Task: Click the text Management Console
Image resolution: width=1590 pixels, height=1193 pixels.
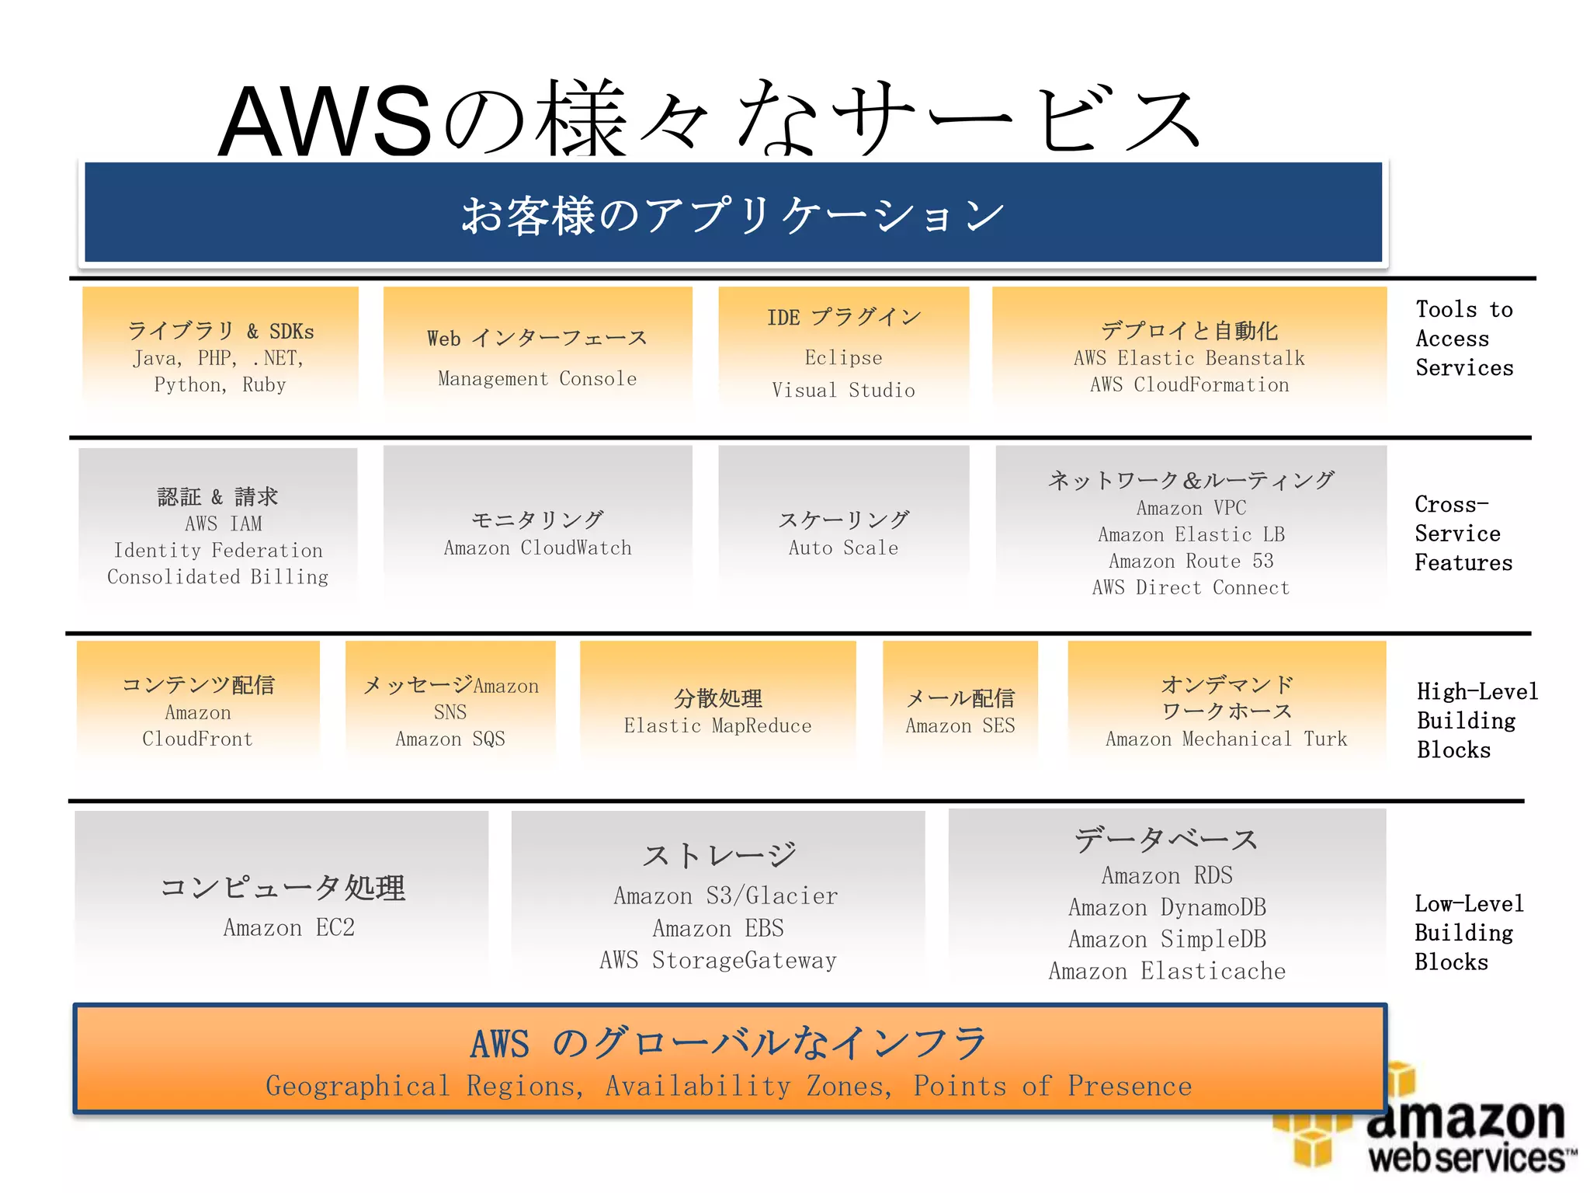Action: pos(537,379)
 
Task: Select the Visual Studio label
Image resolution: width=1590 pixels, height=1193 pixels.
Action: pos(843,390)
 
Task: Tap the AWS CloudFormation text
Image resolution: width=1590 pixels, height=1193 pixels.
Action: pos(1189,385)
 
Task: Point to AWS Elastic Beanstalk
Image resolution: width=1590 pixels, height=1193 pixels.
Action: pos(1189,358)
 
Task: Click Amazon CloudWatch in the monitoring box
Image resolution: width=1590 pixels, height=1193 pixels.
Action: pos(537,548)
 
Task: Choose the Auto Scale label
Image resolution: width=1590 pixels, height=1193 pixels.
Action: pos(843,548)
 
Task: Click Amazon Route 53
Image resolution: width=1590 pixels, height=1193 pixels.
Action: pos(1191,561)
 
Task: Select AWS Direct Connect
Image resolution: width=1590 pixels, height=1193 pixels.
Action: pos(1191,588)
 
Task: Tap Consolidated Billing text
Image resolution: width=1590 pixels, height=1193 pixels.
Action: pos(217,577)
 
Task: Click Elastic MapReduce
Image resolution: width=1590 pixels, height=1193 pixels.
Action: pos(717,726)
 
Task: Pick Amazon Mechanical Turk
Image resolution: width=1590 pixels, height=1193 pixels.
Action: pos(1227,739)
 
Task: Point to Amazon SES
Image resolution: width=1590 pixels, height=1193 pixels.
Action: pos(960,726)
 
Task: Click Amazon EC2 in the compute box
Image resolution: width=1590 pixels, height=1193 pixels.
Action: pos(289,927)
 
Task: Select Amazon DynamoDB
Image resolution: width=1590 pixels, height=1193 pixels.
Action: pos(1167,907)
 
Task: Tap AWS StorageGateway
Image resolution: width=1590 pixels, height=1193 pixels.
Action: pos(718,961)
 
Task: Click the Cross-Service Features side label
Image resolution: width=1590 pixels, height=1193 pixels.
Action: pos(1463,534)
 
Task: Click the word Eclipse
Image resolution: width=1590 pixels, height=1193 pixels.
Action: pos(843,358)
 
